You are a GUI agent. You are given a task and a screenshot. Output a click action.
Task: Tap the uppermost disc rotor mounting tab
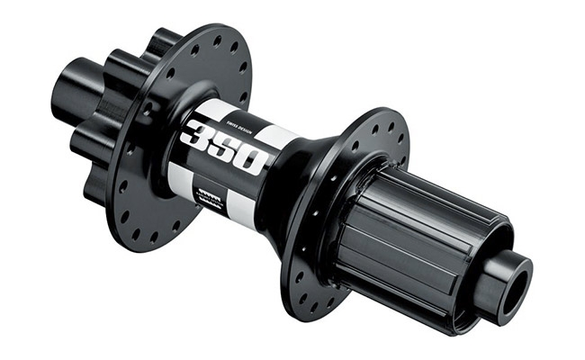(165, 40)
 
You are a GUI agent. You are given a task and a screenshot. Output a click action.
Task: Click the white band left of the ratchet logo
(180, 184)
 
